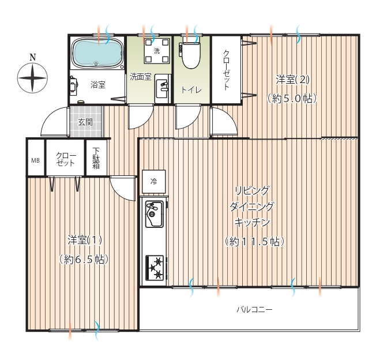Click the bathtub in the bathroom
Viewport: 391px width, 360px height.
[97, 53]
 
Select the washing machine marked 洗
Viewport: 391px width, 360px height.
[157, 51]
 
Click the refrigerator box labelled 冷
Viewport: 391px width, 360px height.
[154, 182]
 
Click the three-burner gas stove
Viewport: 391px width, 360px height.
[155, 268]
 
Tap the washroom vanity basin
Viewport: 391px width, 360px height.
[162, 89]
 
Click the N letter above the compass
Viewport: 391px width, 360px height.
[33, 57]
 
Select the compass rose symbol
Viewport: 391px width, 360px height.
[32, 78]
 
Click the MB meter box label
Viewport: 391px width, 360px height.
[35, 160]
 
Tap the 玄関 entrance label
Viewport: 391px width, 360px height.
[85, 122]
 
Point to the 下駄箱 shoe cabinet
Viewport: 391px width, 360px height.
[96, 157]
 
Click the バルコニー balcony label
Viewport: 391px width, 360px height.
[254, 310]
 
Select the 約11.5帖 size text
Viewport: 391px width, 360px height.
[254, 242]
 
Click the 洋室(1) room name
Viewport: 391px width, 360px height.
[85, 240]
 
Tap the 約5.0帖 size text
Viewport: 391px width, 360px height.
[292, 99]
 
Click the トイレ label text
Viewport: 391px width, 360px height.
[191, 89]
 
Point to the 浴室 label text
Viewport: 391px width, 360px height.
[98, 85]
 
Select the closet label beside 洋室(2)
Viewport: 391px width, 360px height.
[226, 70]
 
